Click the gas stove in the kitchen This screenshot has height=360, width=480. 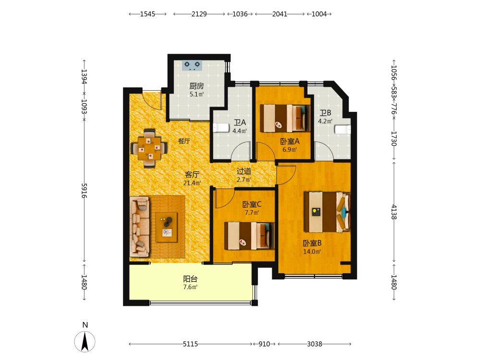[192, 65]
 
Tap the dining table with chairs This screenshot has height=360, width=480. [149, 148]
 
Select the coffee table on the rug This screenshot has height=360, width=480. [167, 227]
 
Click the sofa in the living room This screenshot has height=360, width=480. [140, 227]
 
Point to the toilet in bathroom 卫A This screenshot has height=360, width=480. [221, 128]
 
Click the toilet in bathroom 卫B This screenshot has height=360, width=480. [343, 130]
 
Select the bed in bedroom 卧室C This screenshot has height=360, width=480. [249, 236]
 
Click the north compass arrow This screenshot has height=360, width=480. [85, 342]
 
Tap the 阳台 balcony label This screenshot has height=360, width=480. [191, 279]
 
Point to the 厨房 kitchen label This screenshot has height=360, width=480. [196, 86]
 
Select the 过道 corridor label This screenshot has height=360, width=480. [244, 171]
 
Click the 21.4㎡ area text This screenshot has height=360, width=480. [192, 183]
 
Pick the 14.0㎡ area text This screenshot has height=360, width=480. [312, 252]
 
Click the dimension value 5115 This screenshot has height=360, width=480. [191, 344]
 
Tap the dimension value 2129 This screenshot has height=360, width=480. [199, 14]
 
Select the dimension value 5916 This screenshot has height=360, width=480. [84, 191]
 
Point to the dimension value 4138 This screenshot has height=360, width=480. [394, 212]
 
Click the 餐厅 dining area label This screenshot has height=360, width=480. [184, 141]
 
